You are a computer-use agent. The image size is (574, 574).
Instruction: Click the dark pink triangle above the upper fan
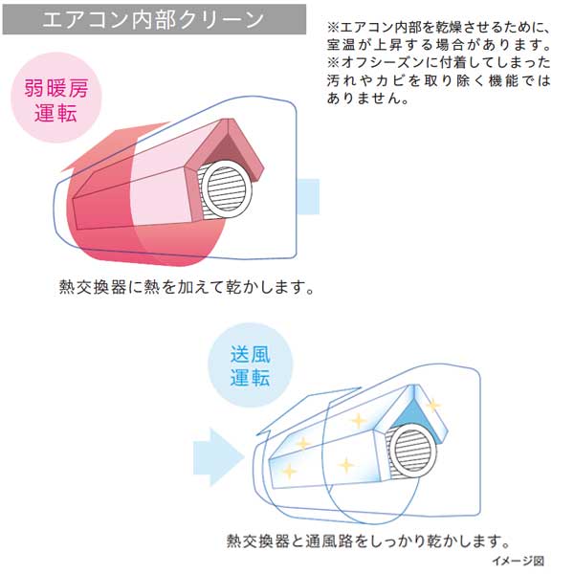pos(231,143)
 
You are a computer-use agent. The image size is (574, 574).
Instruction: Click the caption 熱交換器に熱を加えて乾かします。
pos(187,287)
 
